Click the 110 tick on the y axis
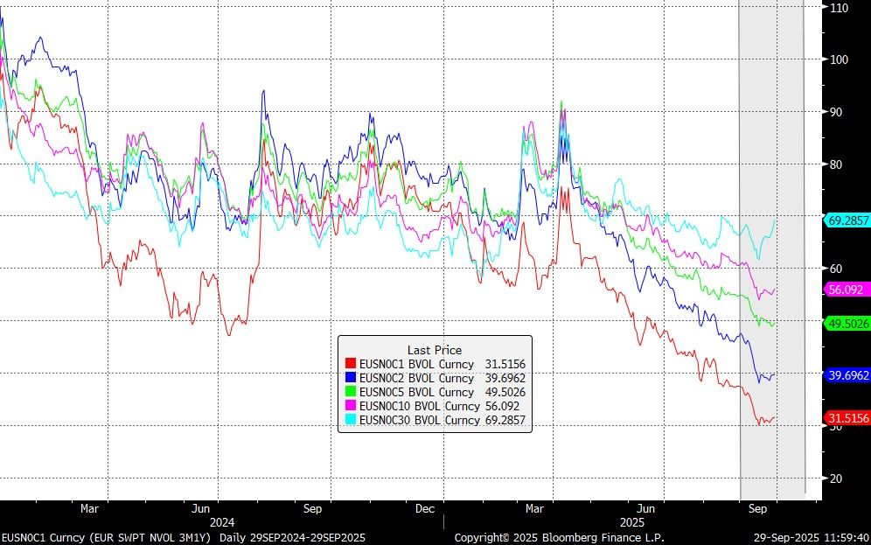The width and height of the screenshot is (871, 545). (840, 7)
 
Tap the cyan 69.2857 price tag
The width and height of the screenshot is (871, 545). (847, 220)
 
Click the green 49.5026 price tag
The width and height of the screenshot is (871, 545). (847, 324)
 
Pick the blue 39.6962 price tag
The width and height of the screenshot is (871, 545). (847, 374)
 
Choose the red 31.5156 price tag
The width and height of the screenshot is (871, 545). (847, 419)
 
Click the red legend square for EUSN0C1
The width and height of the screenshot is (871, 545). (351, 364)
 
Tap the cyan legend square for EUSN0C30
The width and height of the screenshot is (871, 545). (351, 420)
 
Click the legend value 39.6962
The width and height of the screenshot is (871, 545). (505, 378)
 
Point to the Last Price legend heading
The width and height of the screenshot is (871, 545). (434, 350)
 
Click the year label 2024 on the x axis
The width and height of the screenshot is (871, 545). (216, 520)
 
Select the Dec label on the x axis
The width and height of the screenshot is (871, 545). (425, 507)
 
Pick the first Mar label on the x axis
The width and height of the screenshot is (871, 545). (90, 507)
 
